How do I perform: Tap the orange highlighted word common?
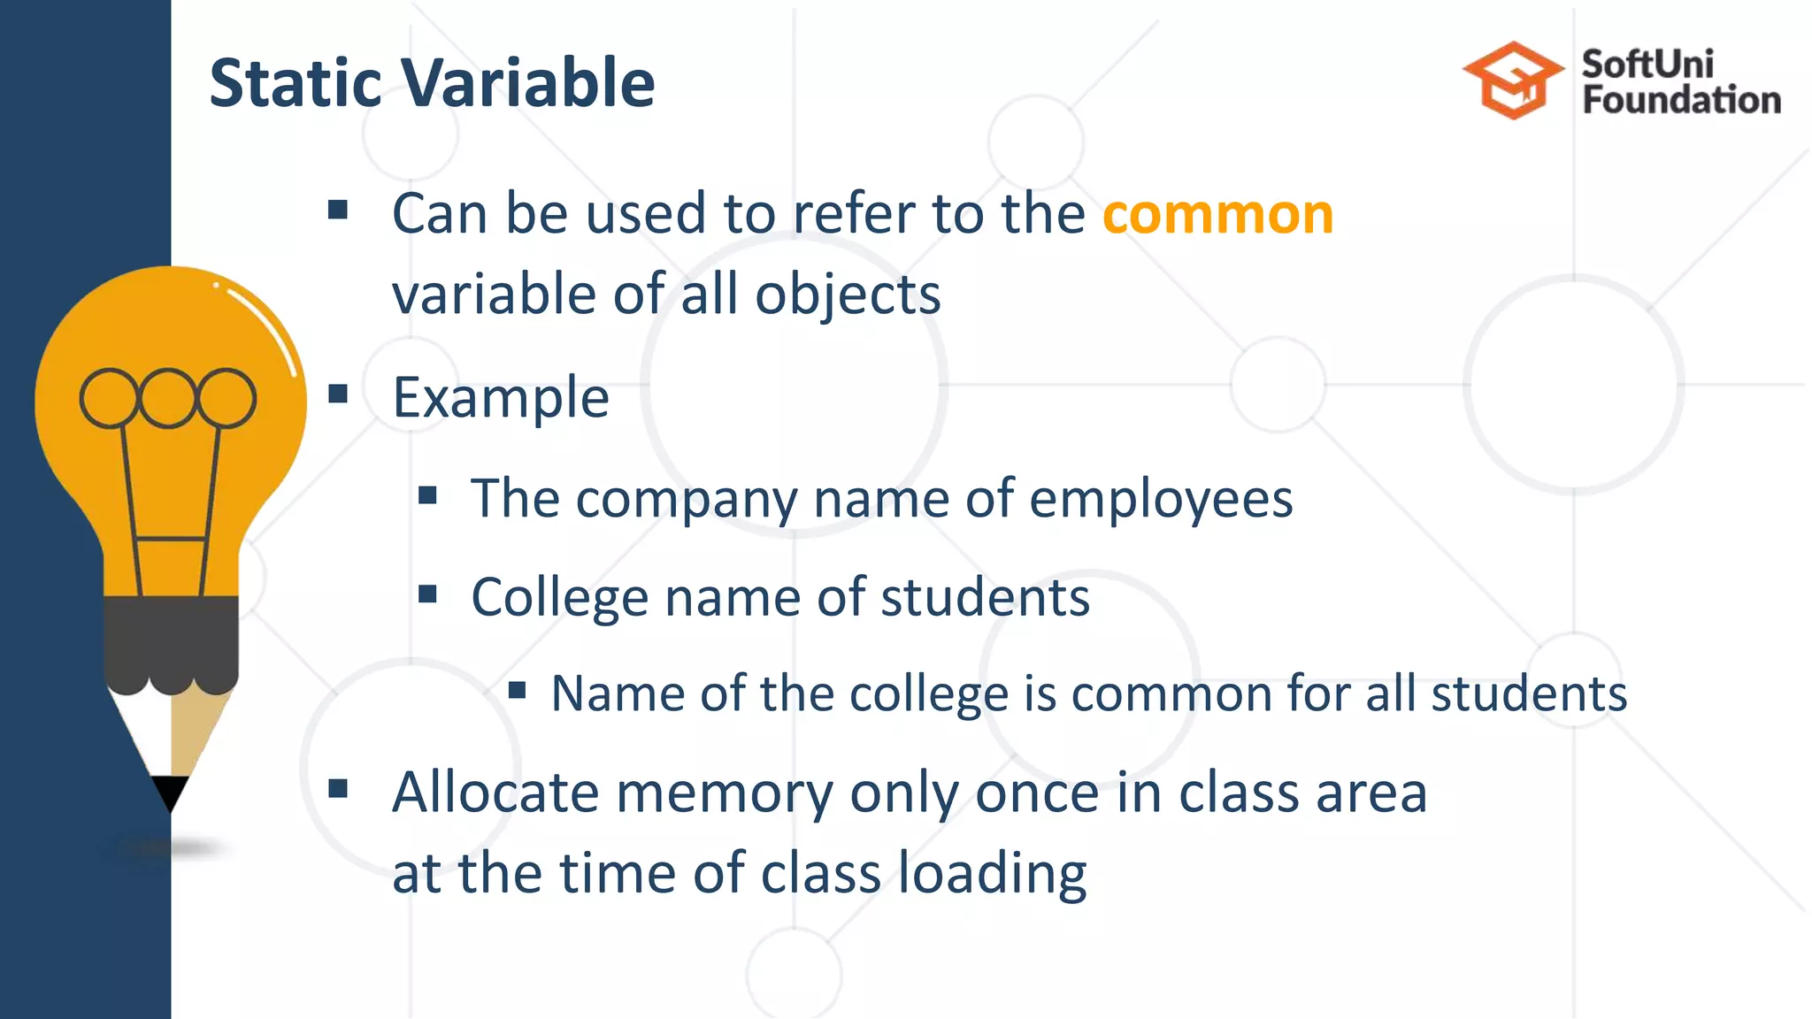[x=1217, y=214]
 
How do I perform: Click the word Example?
[x=501, y=397]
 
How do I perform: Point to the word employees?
[x=1161, y=499]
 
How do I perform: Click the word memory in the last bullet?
[x=725, y=793]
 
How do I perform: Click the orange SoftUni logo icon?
[x=1513, y=80]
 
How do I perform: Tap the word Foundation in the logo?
[x=1681, y=100]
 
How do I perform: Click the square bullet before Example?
[x=338, y=394]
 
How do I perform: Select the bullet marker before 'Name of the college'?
[x=518, y=689]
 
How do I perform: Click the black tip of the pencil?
[x=170, y=791]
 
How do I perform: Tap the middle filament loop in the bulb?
[x=168, y=398]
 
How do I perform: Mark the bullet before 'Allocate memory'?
[x=338, y=788]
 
